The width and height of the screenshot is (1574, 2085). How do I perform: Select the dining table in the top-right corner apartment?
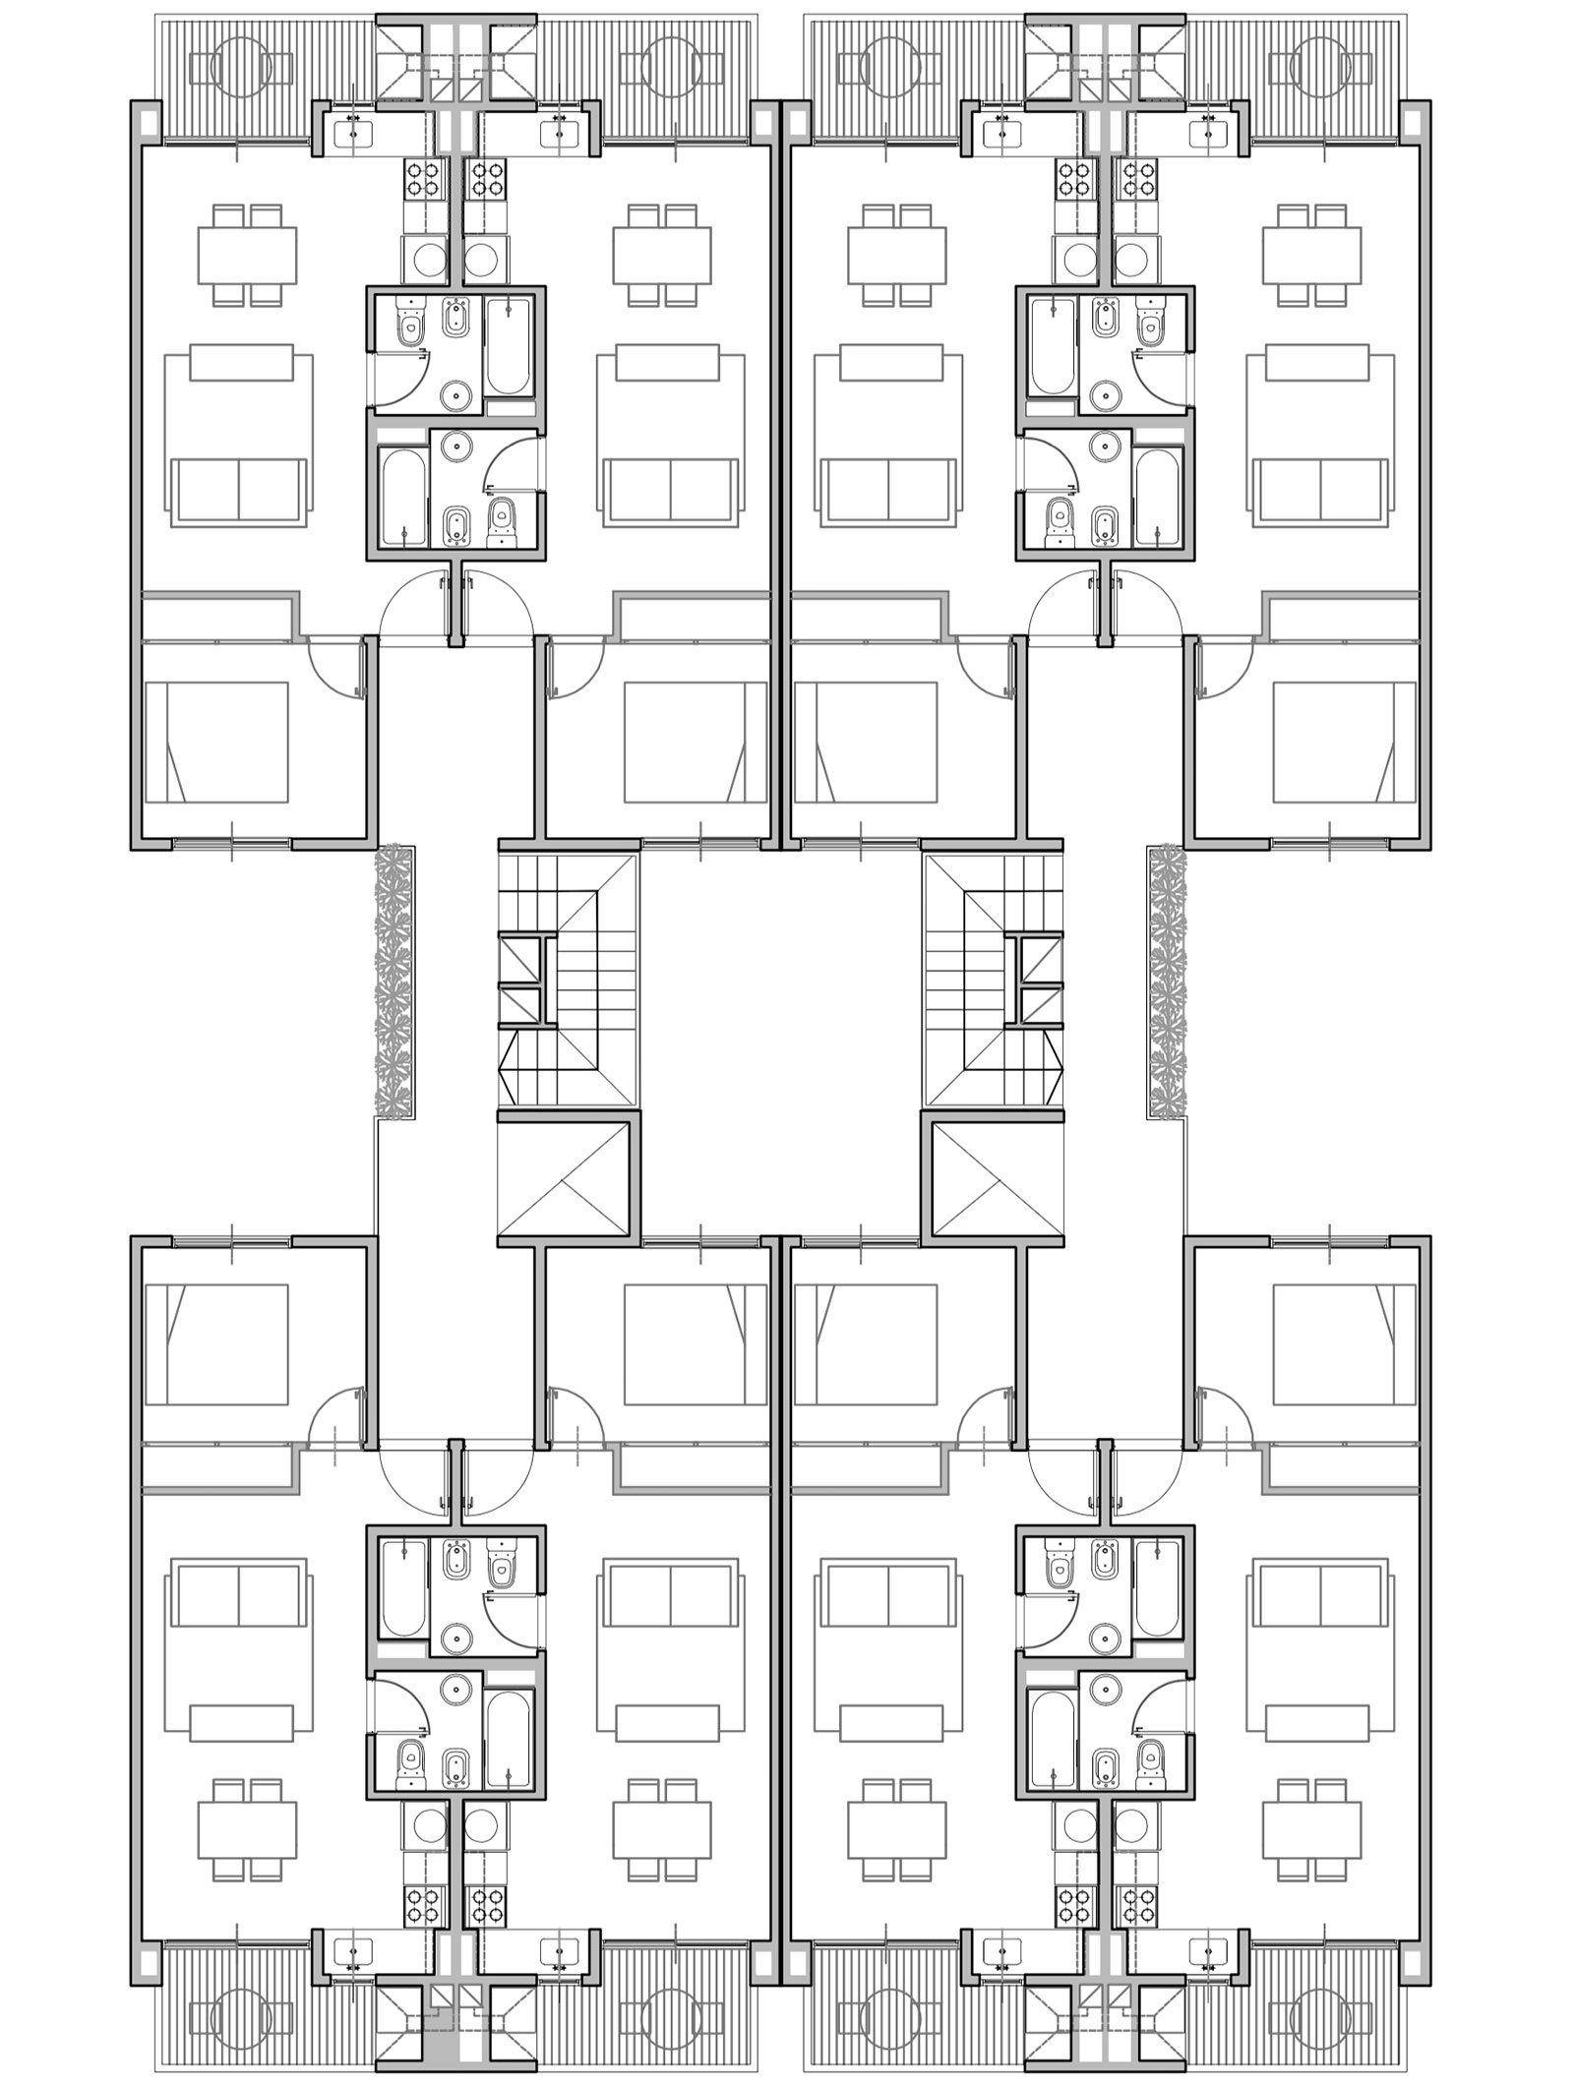click(1312, 254)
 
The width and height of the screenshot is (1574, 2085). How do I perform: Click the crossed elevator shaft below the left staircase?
click(563, 1179)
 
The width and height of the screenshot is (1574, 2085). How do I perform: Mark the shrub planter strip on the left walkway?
click(394, 981)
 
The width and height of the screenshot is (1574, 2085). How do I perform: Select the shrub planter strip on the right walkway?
click(1167, 981)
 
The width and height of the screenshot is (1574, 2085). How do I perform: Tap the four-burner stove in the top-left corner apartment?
click(425, 180)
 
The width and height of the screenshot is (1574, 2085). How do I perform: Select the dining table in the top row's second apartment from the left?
click(662, 254)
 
